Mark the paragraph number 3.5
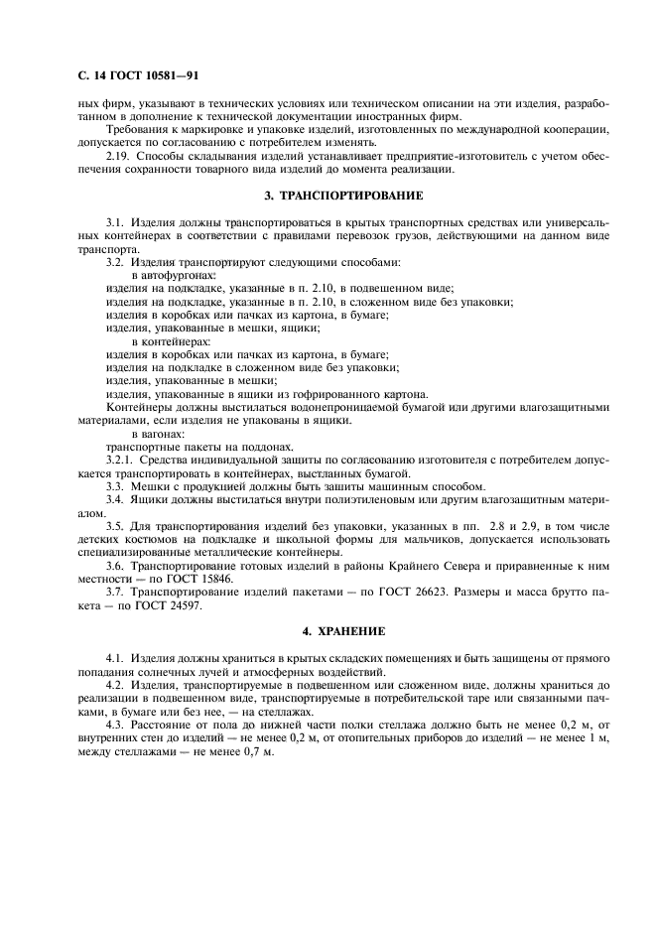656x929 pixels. pos(114,525)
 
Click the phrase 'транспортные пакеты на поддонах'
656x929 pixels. pos(184,447)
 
